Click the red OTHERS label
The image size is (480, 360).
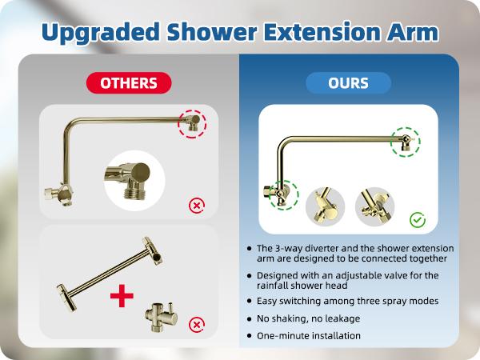128,82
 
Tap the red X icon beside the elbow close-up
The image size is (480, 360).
195,206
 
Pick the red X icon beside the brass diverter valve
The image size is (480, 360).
195,325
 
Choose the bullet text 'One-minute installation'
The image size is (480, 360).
309,336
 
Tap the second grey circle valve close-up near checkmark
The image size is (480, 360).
373,206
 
